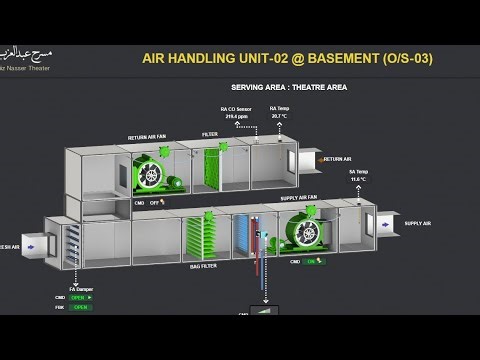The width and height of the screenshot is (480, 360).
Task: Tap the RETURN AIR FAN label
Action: coord(149,138)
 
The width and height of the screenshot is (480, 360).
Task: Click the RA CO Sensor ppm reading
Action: coord(236,116)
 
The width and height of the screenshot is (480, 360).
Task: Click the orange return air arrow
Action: coord(303,158)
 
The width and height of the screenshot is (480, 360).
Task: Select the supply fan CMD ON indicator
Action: coord(312,261)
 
